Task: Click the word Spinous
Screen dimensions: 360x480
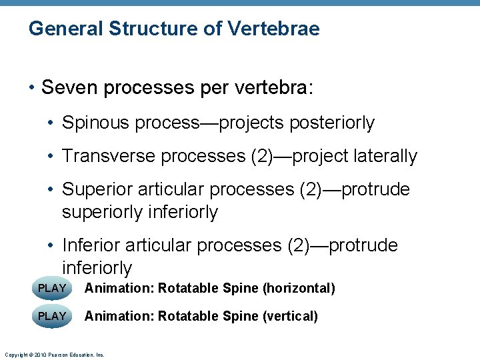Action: click(95, 123)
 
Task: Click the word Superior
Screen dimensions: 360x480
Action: click(97, 190)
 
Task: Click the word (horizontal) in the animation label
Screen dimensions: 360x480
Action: click(299, 289)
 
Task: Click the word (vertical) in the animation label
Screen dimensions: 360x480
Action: click(291, 316)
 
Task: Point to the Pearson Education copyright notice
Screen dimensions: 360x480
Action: click(53, 355)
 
